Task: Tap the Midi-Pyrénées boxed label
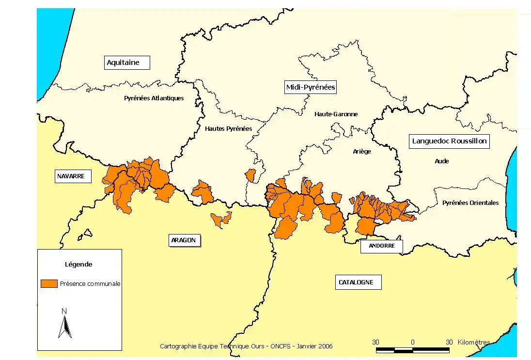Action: point(310,87)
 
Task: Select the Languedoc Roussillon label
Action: point(449,141)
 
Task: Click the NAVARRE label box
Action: point(71,176)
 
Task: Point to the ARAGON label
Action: point(184,240)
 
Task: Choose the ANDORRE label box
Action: point(381,246)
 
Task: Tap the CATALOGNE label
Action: point(356,282)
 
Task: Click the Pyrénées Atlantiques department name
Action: point(154,98)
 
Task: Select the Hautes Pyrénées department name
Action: point(228,129)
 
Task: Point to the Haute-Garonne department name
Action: point(336,114)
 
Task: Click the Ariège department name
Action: point(362,152)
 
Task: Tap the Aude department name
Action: point(441,161)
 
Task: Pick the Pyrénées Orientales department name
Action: point(470,203)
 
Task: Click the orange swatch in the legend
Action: point(49,283)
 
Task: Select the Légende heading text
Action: point(78,265)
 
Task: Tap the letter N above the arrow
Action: point(64,311)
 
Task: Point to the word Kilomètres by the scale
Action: point(473,342)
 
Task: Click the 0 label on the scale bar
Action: point(412,342)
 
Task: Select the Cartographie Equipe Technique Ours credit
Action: point(246,346)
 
